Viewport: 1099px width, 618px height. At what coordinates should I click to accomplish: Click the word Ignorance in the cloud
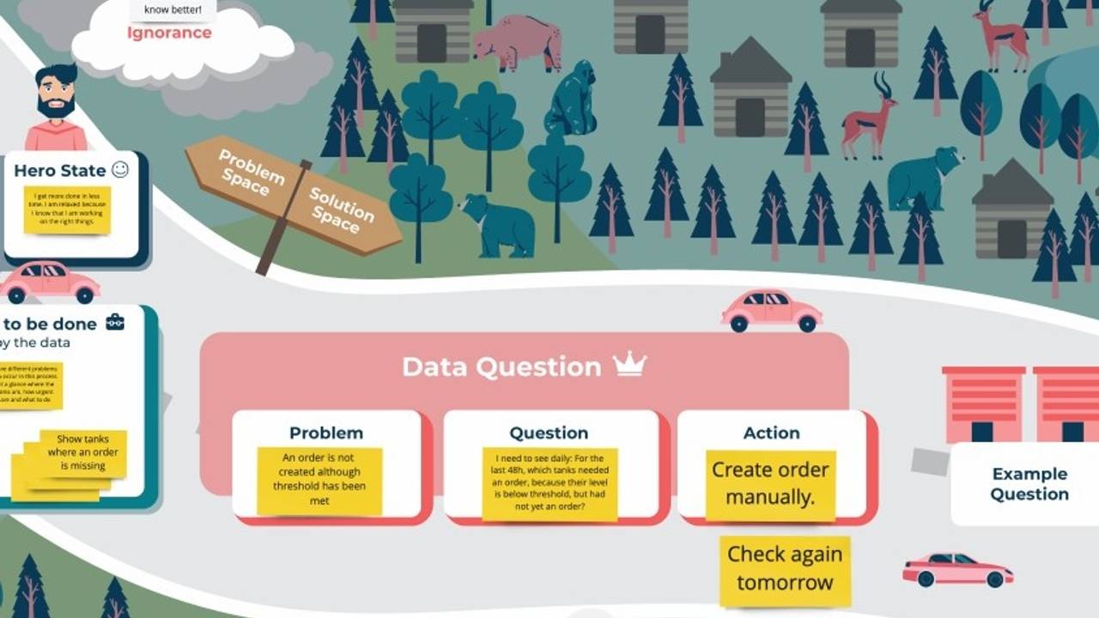point(169,33)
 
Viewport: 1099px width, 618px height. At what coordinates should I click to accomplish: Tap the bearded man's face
point(57,94)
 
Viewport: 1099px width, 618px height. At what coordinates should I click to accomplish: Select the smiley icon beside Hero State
point(120,169)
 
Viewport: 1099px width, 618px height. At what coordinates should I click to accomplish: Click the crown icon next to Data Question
point(629,365)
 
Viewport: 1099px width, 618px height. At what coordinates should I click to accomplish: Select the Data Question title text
point(501,367)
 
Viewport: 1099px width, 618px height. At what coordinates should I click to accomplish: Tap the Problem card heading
point(326,433)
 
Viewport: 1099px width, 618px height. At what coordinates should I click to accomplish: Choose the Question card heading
point(549,433)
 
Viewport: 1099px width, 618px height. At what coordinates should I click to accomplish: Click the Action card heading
point(771,433)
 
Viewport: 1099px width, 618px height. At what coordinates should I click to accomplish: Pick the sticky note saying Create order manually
point(770,484)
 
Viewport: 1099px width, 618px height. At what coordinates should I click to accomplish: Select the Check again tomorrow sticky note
point(785,569)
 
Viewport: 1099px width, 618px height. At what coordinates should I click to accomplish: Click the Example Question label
point(1029,483)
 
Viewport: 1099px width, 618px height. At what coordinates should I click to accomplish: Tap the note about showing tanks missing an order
point(82,452)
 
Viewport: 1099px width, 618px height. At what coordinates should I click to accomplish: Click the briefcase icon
point(114,323)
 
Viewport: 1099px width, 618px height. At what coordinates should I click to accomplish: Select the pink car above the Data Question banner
point(770,310)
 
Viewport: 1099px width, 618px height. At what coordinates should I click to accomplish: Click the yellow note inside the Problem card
point(319,480)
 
